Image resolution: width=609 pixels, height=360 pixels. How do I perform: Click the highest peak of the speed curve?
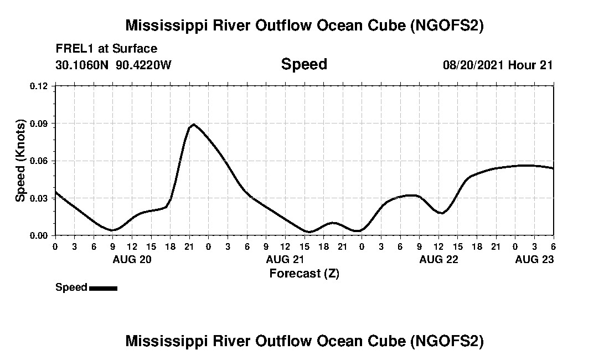[x=193, y=124]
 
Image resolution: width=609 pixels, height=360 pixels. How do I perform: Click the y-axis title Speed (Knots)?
[x=20, y=161]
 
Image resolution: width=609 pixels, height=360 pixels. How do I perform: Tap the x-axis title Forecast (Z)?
[x=304, y=273]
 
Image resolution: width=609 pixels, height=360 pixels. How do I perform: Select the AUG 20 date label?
[x=132, y=259]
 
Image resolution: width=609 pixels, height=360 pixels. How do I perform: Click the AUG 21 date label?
[x=285, y=259]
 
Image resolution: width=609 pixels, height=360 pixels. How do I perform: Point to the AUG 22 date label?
[x=438, y=259]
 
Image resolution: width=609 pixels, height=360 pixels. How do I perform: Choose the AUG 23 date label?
[x=534, y=259]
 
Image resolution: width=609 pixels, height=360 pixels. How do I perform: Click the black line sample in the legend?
[x=103, y=288]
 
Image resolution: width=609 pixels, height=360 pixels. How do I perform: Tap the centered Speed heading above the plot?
[x=304, y=64]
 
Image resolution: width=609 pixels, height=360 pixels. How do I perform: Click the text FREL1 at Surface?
[x=106, y=49]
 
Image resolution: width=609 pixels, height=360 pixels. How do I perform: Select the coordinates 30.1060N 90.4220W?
[x=113, y=65]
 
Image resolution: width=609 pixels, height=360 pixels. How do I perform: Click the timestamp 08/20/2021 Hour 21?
[x=498, y=65]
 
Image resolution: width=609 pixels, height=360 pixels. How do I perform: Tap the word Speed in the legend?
[x=71, y=287]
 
